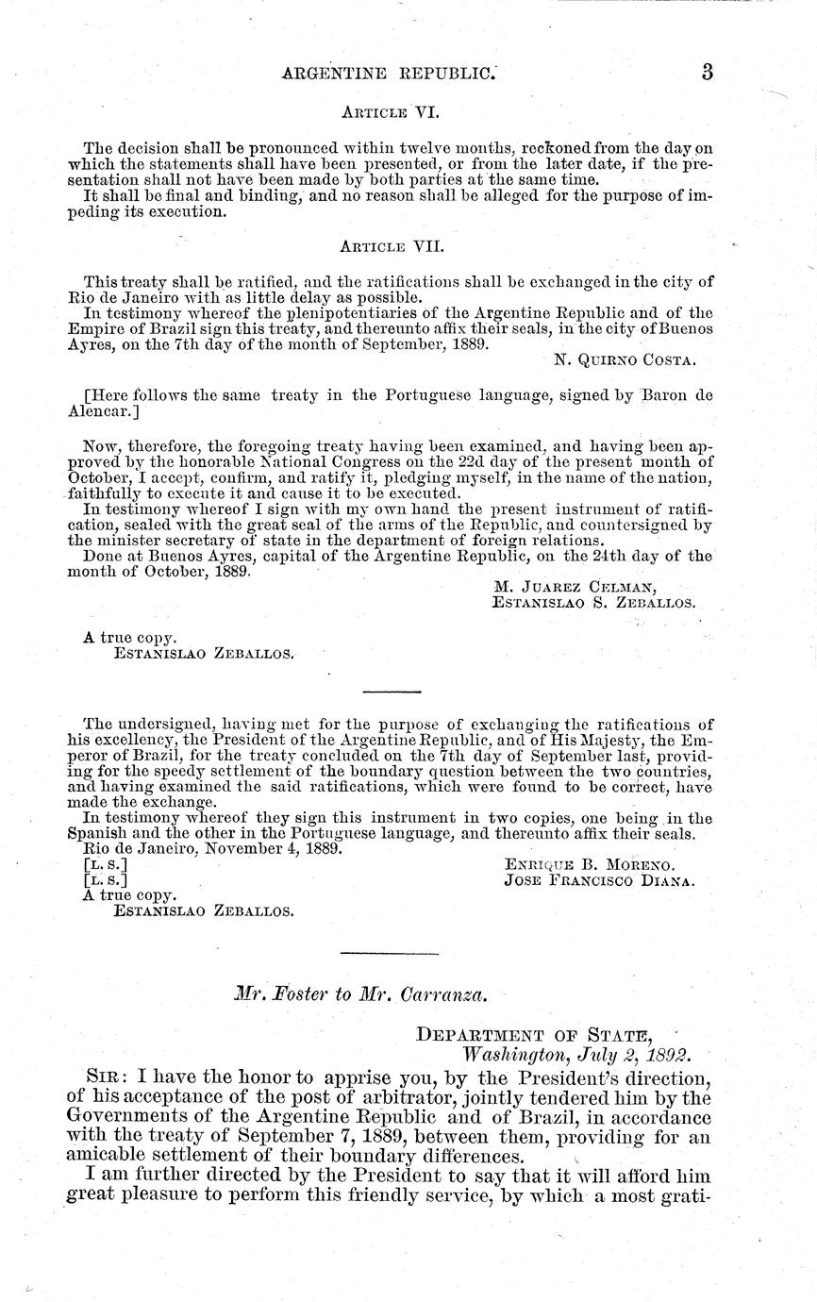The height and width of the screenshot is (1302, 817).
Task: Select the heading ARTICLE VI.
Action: point(387,110)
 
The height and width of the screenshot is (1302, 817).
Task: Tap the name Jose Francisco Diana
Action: point(600,880)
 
